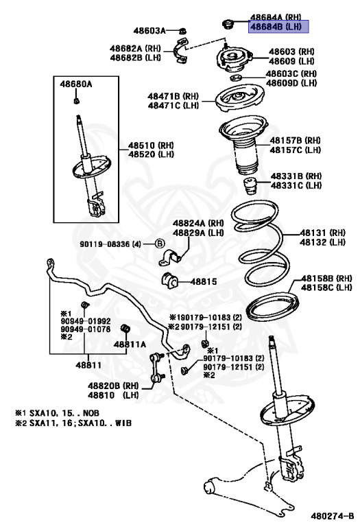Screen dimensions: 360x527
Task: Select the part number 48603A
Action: tap(149, 31)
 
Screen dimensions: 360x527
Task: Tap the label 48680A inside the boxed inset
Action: tap(76, 84)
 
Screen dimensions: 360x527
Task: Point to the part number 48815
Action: tap(204, 281)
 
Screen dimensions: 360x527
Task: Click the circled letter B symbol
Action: tap(160, 244)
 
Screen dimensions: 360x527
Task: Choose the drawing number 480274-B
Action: tap(332, 515)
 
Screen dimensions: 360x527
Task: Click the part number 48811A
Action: tap(130, 344)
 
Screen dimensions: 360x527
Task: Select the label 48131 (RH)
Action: tap(322, 233)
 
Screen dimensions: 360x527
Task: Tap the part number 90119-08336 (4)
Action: tap(110, 244)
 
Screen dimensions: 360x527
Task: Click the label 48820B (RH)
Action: tap(113, 386)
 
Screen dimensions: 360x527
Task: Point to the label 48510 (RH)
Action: tap(151, 145)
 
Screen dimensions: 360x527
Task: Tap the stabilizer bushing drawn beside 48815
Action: tap(170, 281)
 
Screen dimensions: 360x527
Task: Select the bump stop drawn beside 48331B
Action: tap(249, 187)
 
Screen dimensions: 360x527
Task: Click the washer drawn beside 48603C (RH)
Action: tap(236, 78)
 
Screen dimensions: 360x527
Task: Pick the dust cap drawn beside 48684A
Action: tap(228, 25)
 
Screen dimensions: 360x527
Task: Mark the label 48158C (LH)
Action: tap(326, 288)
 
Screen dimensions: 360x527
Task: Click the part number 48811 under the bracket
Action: tap(88, 364)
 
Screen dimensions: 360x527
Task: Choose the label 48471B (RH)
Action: tap(173, 97)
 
